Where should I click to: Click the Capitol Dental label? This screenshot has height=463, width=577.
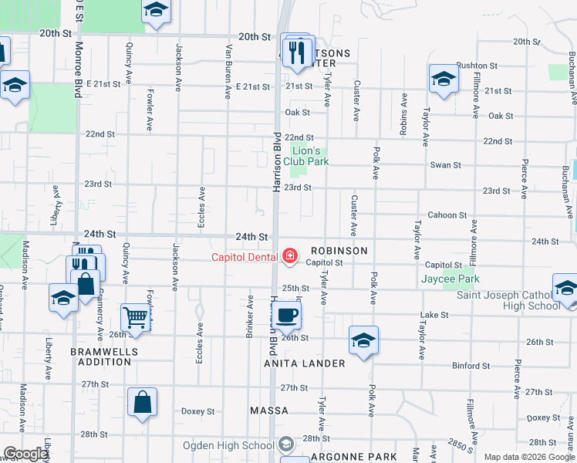[x=246, y=257]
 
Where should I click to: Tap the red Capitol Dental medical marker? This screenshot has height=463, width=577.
[x=290, y=255]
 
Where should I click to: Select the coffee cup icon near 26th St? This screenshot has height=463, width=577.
[x=286, y=315]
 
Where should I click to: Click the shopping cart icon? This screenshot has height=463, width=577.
[x=136, y=317]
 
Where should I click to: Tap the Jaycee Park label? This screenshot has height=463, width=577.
[x=450, y=279]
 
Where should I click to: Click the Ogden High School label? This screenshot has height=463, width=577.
[x=228, y=444]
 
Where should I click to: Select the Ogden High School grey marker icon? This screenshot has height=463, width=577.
[x=286, y=444]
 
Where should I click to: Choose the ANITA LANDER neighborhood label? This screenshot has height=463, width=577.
[x=304, y=363]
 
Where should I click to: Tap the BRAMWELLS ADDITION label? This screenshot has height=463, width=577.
[x=101, y=356]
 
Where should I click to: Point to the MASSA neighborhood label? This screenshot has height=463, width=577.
[x=269, y=411]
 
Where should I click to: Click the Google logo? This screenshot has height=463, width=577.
[x=26, y=454]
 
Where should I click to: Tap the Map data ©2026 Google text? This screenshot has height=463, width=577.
[x=529, y=457]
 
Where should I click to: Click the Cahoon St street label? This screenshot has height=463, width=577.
[x=447, y=215]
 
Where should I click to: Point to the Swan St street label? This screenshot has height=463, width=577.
[x=445, y=165]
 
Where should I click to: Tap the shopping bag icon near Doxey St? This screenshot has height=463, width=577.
[x=143, y=402]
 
